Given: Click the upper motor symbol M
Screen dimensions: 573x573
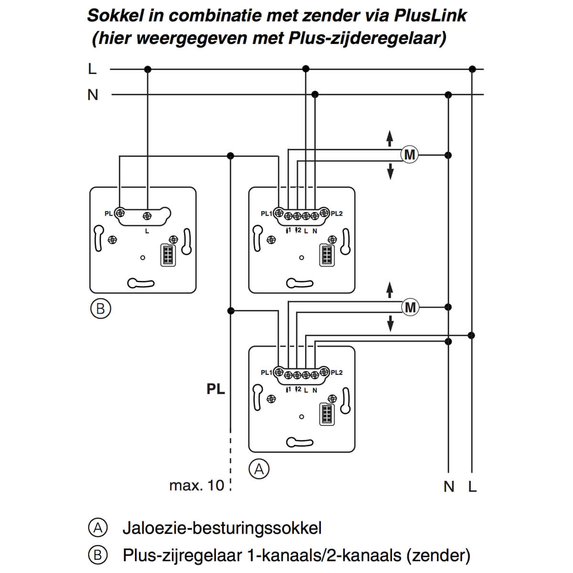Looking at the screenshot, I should [410, 155].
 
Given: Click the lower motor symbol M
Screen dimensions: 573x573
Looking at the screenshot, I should [410, 307].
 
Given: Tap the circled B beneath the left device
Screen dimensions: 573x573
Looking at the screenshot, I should [100, 308].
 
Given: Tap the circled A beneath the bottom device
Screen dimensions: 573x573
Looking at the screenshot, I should [259, 469].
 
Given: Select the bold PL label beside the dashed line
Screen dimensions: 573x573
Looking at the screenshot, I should [215, 389].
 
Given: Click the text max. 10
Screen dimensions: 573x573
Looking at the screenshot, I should [196, 486].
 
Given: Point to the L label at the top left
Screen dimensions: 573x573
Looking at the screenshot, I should [92, 69].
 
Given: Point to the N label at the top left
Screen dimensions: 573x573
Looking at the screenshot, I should [93, 95].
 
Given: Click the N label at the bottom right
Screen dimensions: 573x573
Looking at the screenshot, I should [448, 487].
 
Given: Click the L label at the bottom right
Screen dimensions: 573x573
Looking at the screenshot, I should [472, 487].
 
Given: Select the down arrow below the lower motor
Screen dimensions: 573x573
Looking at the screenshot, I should [391, 323].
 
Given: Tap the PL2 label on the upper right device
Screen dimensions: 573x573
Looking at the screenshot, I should [337, 213].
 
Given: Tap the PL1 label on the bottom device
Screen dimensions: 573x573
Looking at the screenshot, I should [266, 372].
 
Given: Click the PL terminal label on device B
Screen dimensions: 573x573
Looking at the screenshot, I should [108, 213].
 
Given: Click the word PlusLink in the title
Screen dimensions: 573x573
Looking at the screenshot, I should [430, 16].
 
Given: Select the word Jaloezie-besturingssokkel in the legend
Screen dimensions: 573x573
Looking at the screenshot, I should [222, 528].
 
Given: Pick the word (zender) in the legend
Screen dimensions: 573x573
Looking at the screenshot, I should [438, 555].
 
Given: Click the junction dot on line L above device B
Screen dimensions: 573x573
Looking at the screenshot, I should [148, 69].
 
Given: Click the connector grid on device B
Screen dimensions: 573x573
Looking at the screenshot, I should [168, 255].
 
